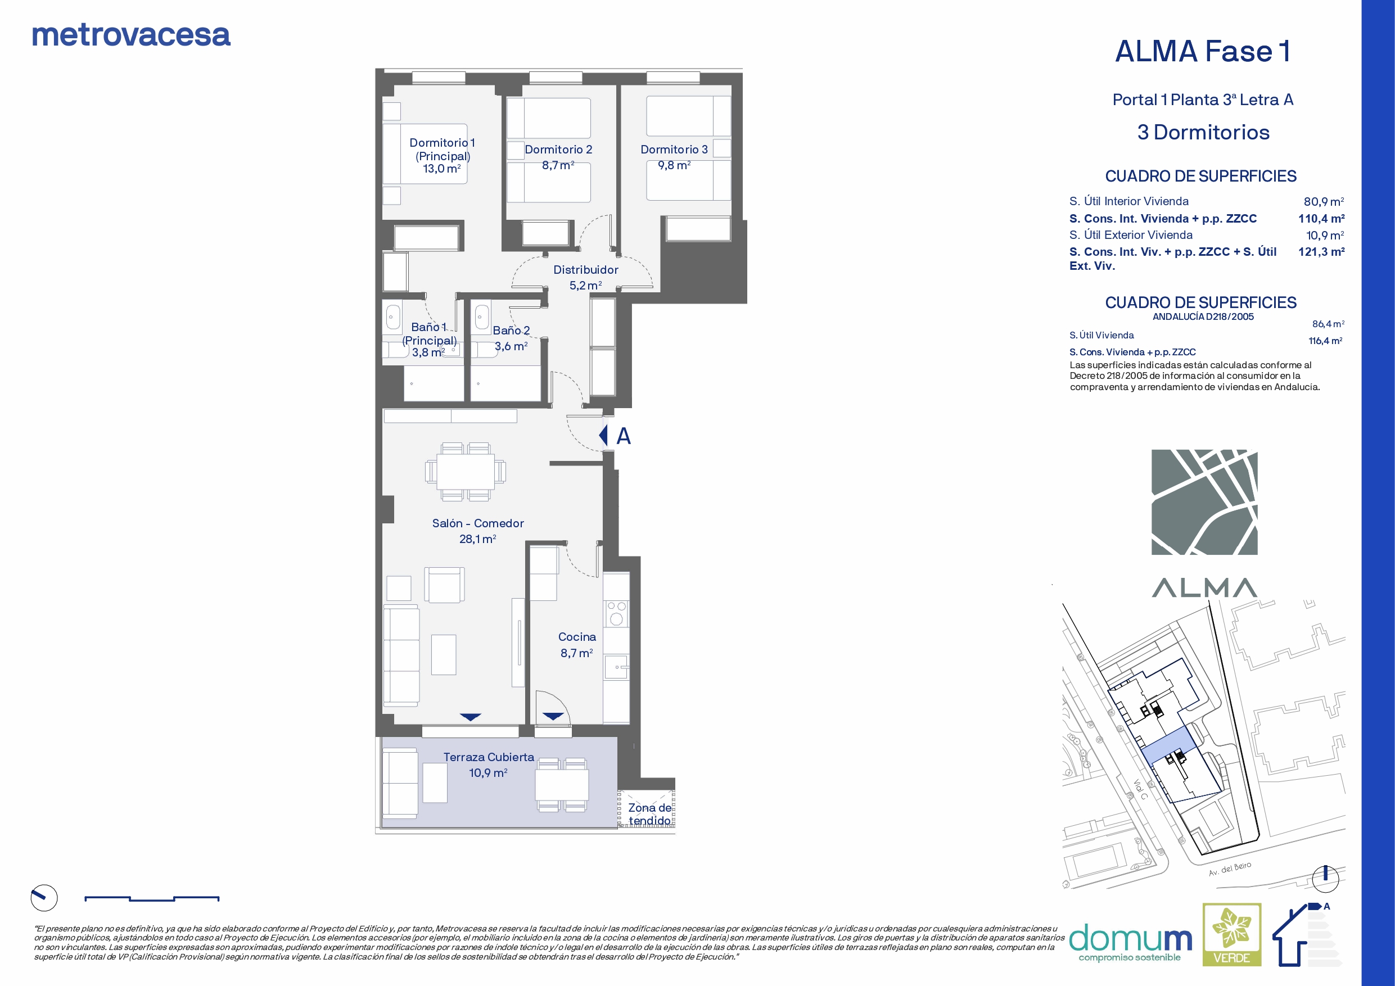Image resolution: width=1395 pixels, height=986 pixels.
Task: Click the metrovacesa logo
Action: click(131, 35)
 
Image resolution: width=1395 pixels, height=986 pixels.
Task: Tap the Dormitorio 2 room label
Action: click(558, 150)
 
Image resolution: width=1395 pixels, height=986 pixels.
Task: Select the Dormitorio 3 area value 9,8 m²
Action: click(674, 165)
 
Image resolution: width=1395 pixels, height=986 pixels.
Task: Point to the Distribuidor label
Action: click(586, 270)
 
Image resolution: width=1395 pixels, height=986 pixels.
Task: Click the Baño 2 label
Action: click(511, 331)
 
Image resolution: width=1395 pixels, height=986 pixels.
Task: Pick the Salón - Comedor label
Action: click(478, 523)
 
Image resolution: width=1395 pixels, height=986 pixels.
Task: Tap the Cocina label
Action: click(577, 637)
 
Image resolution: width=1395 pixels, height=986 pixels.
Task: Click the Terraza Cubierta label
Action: click(489, 757)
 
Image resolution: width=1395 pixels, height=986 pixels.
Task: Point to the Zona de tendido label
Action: click(650, 814)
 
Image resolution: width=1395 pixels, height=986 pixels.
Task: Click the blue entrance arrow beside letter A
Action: click(603, 435)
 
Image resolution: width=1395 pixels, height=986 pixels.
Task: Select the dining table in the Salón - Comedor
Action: click(466, 472)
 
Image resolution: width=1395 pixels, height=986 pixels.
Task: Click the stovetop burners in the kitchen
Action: click(616, 613)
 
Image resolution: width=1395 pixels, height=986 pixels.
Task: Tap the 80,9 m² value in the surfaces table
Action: click(1324, 202)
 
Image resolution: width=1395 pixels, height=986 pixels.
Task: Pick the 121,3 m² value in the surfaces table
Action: click(1321, 251)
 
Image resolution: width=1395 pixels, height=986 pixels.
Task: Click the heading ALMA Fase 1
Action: click(1203, 51)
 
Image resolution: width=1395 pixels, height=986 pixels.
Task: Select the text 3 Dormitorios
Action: click(1204, 133)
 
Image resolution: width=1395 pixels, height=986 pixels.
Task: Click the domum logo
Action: click(1130, 942)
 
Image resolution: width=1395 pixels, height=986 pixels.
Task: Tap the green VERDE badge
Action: click(1232, 934)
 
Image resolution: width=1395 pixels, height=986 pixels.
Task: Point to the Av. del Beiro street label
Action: click(1230, 869)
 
